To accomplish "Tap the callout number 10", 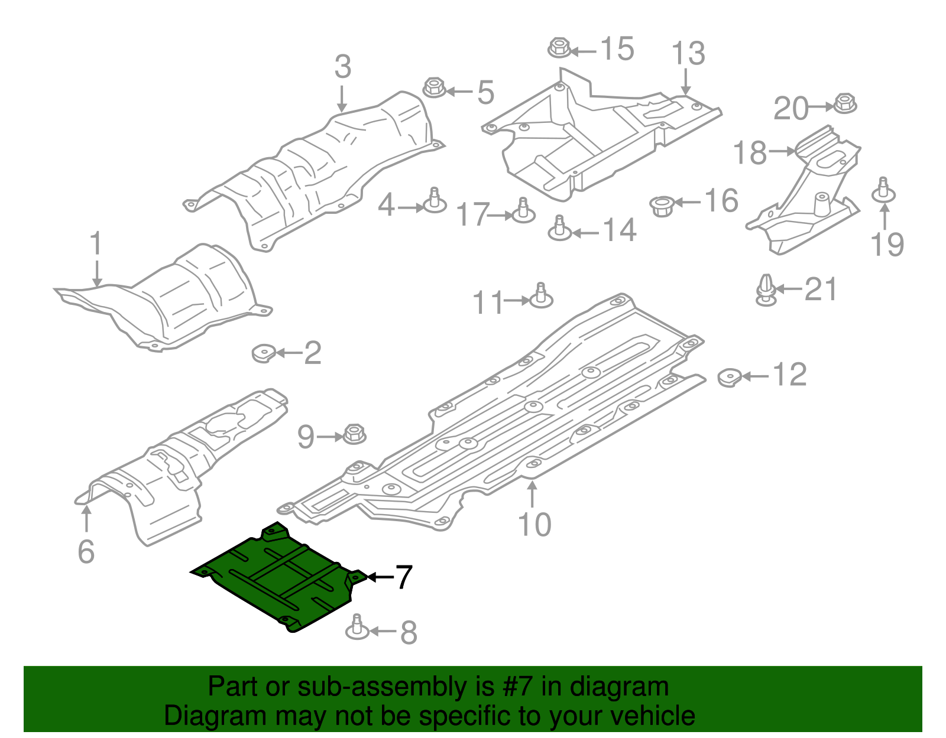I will pyautogui.click(x=534, y=525).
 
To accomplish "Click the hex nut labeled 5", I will pyautogui.click(x=434, y=88).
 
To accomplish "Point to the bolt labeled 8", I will pyautogui.click(x=357, y=628).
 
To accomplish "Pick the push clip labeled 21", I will pyautogui.click(x=766, y=290).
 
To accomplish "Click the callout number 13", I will pyautogui.click(x=689, y=54).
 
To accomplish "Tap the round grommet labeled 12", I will pyautogui.click(x=730, y=377).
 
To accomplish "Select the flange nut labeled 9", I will pyautogui.click(x=354, y=434).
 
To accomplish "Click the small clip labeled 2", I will pyautogui.click(x=263, y=353).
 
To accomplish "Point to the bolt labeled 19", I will pyautogui.click(x=883, y=190).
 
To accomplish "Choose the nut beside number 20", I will pyautogui.click(x=844, y=104).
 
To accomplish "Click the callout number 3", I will pyautogui.click(x=342, y=67).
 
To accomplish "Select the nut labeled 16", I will pyautogui.click(x=662, y=206).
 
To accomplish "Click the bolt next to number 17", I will pyautogui.click(x=523, y=212).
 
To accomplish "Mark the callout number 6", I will pyautogui.click(x=86, y=551).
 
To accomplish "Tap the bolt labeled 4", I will pyautogui.click(x=435, y=201).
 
